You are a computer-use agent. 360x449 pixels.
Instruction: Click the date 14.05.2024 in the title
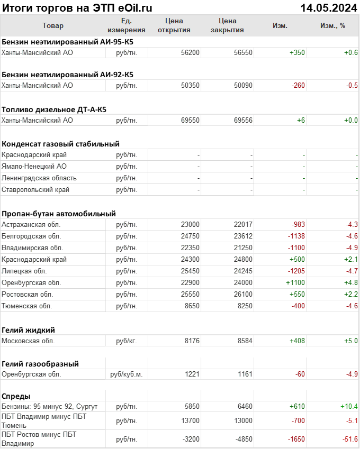[328, 7]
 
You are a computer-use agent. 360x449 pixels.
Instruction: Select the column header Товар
[53, 25]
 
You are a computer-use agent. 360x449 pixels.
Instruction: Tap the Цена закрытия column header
[227, 25]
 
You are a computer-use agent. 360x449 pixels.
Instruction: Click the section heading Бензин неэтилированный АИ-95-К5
[67, 41]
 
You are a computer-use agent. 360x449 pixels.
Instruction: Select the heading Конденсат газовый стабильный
[60, 143]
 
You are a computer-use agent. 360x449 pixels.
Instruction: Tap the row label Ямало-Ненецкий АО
[34, 166]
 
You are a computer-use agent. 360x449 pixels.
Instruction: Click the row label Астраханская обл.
[31, 224]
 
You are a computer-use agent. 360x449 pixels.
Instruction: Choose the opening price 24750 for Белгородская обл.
[190, 236]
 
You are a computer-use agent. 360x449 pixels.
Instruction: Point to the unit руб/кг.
[127, 341]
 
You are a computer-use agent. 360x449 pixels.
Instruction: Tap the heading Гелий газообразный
[40, 363]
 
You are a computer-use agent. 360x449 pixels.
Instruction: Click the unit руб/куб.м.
[127, 374]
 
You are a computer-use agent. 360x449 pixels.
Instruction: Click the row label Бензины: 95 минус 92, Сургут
[50, 406]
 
